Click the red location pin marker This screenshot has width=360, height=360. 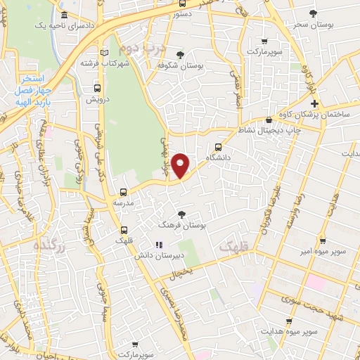point(181,165)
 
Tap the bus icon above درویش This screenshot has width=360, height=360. point(97,89)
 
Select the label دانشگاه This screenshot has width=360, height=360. point(219,160)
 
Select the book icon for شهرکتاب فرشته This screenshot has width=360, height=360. point(105,52)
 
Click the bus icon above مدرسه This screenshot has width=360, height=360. point(124,191)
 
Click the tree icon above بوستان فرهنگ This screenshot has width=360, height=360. point(182,214)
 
